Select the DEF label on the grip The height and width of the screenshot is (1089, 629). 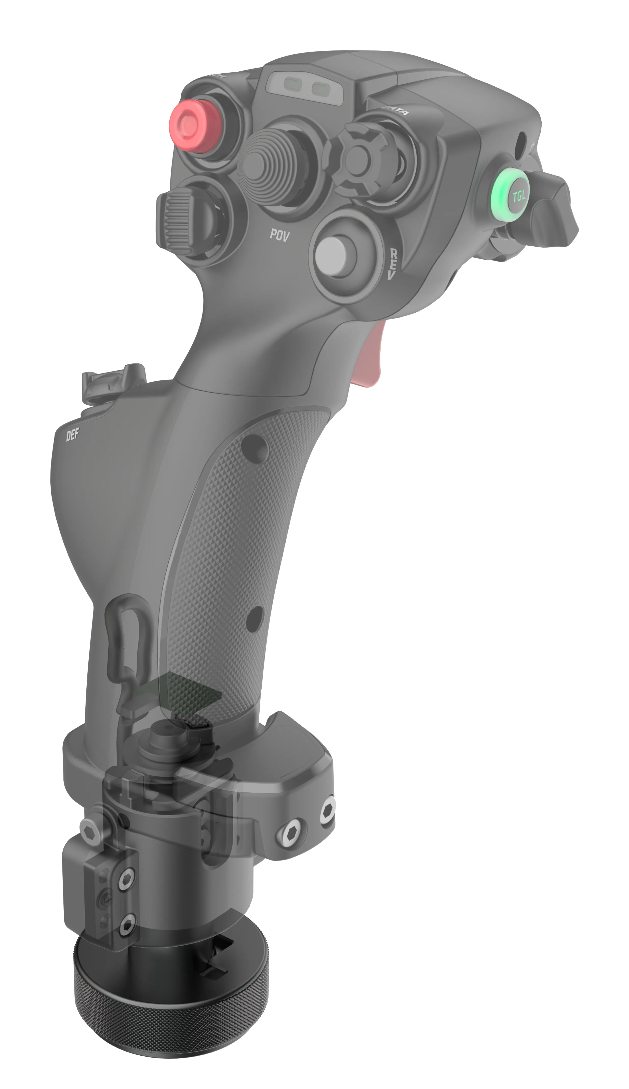pos(73,436)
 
